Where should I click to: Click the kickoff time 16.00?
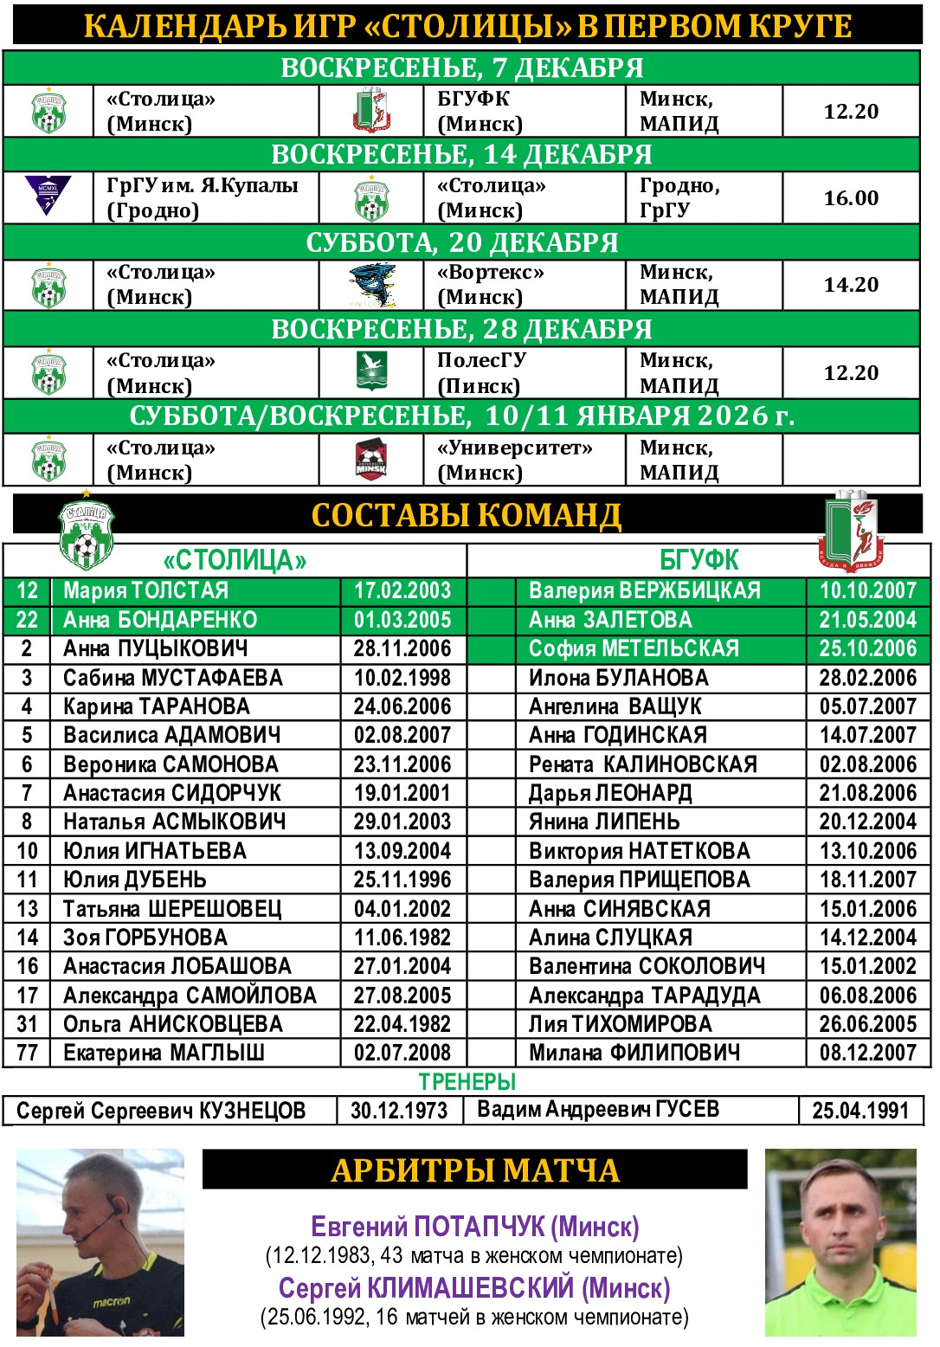tap(850, 198)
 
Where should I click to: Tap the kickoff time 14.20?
tap(850, 285)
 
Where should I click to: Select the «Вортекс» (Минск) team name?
tap(491, 285)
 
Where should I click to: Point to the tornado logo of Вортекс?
tap(372, 285)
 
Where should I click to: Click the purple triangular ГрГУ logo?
tap(48, 196)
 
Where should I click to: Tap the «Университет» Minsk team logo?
tap(371, 460)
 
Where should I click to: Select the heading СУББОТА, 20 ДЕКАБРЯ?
tap(461, 242)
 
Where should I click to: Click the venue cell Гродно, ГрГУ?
tap(679, 198)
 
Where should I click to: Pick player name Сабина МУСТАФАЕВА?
tap(173, 678)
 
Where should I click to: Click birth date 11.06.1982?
tap(402, 938)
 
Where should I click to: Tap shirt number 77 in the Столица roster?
tap(27, 1053)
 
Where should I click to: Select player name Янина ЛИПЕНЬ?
tap(604, 822)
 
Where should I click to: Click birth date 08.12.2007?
tap(867, 1053)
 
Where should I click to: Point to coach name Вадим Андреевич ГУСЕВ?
tap(598, 1110)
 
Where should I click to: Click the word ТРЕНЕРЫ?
tap(467, 1082)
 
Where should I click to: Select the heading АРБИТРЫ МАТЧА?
tap(474, 1170)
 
